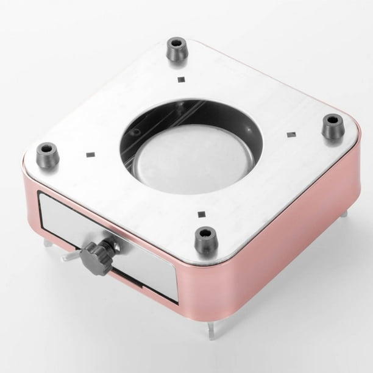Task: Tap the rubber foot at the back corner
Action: pyautogui.click(x=177, y=50)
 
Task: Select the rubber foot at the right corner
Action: pyautogui.click(x=332, y=127)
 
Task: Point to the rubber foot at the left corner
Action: pyautogui.click(x=48, y=155)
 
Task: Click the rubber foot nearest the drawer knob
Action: pyautogui.click(x=206, y=240)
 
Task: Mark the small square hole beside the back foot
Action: pyautogui.click(x=180, y=79)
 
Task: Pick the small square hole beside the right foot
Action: pyautogui.click(x=291, y=135)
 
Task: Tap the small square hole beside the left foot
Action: pyautogui.click(x=90, y=154)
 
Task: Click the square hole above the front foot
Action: pyautogui.click(x=201, y=214)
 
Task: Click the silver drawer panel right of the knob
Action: pyautogui.click(x=146, y=268)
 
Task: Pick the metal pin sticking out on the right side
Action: pyautogui.click(x=344, y=213)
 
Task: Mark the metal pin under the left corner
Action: pyautogui.click(x=47, y=243)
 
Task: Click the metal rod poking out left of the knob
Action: pyautogui.click(x=70, y=257)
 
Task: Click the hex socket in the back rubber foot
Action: pyautogui.click(x=177, y=43)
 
